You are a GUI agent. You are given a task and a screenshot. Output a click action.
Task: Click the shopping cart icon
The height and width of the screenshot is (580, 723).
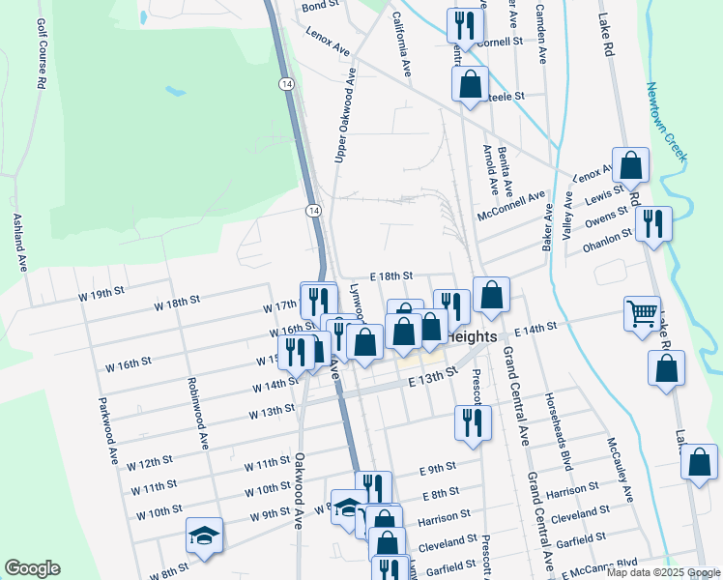pos(642,314)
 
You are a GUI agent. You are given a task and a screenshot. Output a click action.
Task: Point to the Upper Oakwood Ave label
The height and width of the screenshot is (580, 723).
pos(345,121)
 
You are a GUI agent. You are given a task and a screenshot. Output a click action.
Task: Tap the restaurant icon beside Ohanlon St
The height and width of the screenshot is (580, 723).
pos(654,224)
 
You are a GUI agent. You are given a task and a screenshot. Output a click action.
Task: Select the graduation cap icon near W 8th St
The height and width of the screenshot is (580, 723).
pos(205,536)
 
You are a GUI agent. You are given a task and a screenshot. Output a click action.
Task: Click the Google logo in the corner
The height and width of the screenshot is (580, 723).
pos(31,568)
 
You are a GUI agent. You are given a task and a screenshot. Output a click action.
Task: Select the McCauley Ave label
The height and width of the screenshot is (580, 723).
pos(620,468)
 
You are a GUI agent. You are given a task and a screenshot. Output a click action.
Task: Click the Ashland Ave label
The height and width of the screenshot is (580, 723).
pos(18,242)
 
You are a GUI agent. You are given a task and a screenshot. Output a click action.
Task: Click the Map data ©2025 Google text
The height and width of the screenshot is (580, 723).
pos(662,572)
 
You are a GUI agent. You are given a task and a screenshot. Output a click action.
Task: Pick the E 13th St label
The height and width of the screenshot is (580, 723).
pos(431,381)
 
